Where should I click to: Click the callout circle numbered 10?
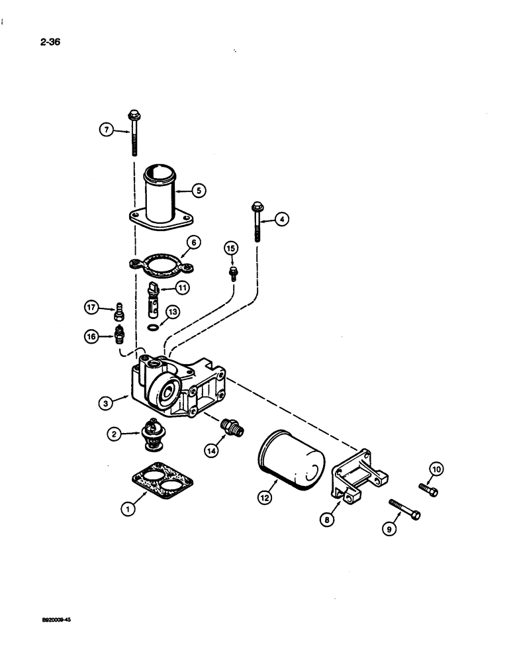(436, 469)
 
